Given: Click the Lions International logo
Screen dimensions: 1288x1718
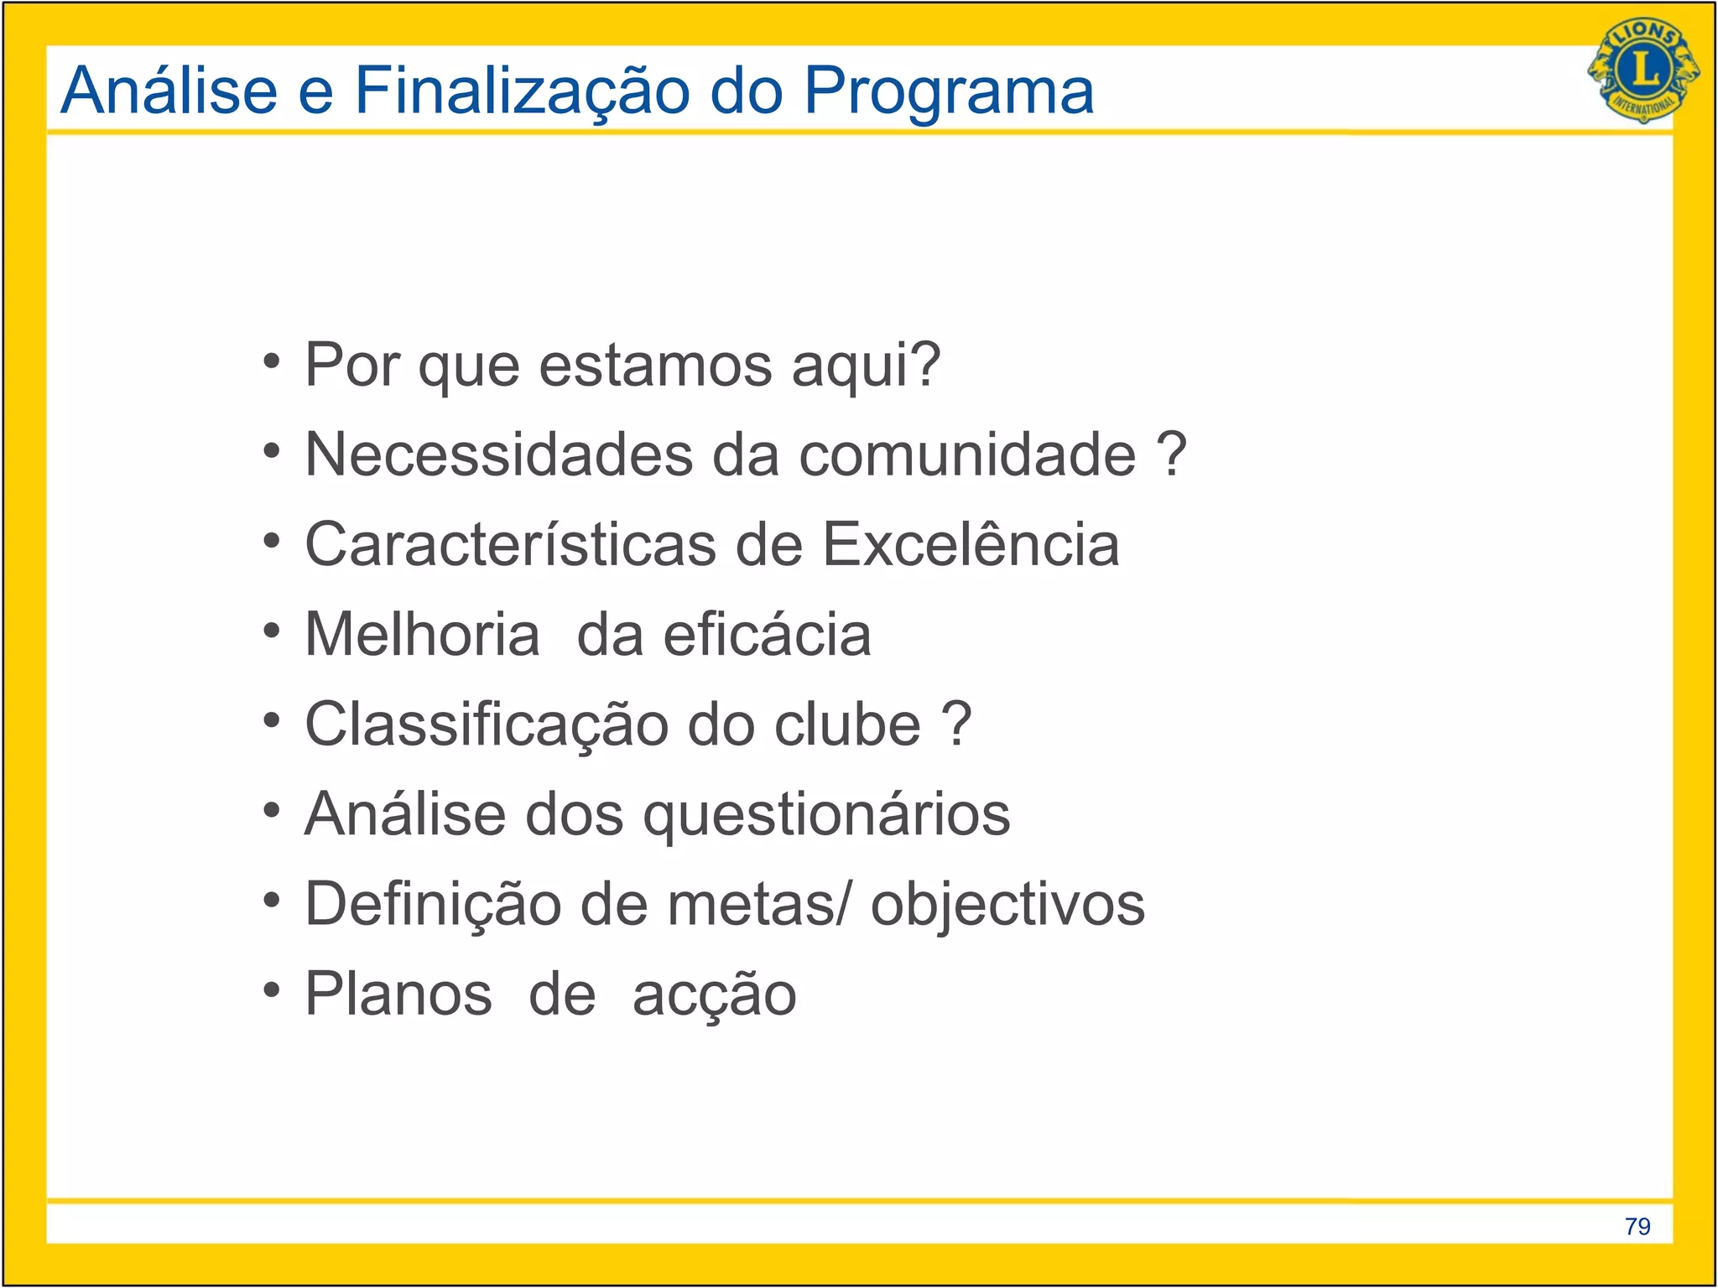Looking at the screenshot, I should click(1643, 70).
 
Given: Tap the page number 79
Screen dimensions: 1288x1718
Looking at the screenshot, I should click(1637, 1227).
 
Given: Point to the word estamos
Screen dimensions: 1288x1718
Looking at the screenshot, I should click(655, 366).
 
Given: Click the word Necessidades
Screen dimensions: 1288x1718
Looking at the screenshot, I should click(499, 454).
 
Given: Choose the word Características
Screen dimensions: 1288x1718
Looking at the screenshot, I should click(510, 544).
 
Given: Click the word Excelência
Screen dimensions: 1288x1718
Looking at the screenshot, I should click(971, 544).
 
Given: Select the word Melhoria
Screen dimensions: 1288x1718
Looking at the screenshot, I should click(422, 634).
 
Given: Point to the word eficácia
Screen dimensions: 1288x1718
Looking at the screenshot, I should click(767, 634).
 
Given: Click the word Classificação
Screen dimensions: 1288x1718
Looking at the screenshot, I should click(486, 725).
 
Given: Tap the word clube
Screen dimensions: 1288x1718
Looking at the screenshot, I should click(847, 724).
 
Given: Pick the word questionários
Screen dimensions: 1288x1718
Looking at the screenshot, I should click(826, 815).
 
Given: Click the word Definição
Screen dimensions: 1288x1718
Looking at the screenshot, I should click(433, 905).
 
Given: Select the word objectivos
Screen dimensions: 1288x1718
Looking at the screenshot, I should click(1007, 906).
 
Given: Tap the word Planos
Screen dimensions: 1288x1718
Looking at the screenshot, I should click(398, 995).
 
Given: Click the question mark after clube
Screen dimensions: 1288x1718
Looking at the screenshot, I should click(956, 723).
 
